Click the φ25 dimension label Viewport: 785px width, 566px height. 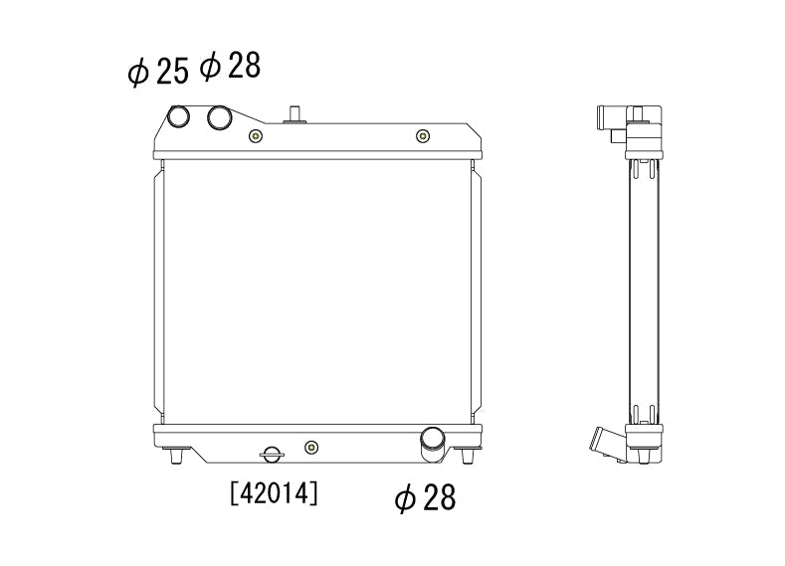tap(158, 71)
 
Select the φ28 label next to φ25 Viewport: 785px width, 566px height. tap(230, 66)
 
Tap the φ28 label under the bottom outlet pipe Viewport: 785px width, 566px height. tap(425, 497)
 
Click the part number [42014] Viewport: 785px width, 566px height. tap(274, 493)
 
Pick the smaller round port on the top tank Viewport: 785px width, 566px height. tap(178, 116)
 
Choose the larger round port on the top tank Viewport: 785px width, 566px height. tap(219, 117)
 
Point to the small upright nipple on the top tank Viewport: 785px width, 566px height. tap(294, 114)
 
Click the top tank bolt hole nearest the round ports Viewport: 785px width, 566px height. tap(256, 136)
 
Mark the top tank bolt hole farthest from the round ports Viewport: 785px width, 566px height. tap(423, 136)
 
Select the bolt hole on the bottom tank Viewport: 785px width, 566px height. tap(311, 447)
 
